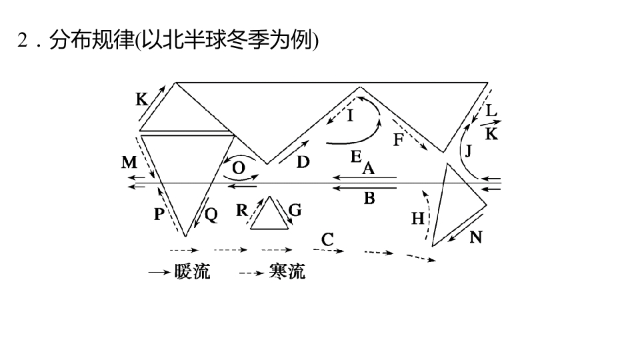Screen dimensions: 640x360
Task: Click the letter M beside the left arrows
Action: pos(129,163)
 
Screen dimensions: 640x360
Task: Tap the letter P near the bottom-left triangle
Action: pos(159,214)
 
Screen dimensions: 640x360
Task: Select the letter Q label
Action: pos(211,215)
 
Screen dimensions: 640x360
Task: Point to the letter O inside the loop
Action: pos(239,168)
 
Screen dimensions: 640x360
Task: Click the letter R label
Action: pos(241,210)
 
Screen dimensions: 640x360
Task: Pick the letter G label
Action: pos(295,210)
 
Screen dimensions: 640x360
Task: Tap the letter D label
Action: pos(303,162)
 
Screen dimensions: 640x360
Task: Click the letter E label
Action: pos(356,156)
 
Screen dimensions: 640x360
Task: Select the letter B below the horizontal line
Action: pos(369,199)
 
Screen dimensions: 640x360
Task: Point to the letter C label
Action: pos(327,239)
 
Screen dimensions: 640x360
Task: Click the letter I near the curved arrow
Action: pos(350,116)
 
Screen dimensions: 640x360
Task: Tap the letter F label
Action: pos(399,139)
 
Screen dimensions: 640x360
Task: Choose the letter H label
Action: pos(417,219)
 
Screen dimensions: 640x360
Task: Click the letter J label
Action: pos(468,151)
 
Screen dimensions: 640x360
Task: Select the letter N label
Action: pos(476,237)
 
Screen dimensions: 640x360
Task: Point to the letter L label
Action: pos(491,110)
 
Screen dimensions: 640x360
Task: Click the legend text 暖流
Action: pos(192,271)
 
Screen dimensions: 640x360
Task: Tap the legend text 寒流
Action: pos(287,271)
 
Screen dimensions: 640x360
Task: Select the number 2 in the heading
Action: pos(23,40)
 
